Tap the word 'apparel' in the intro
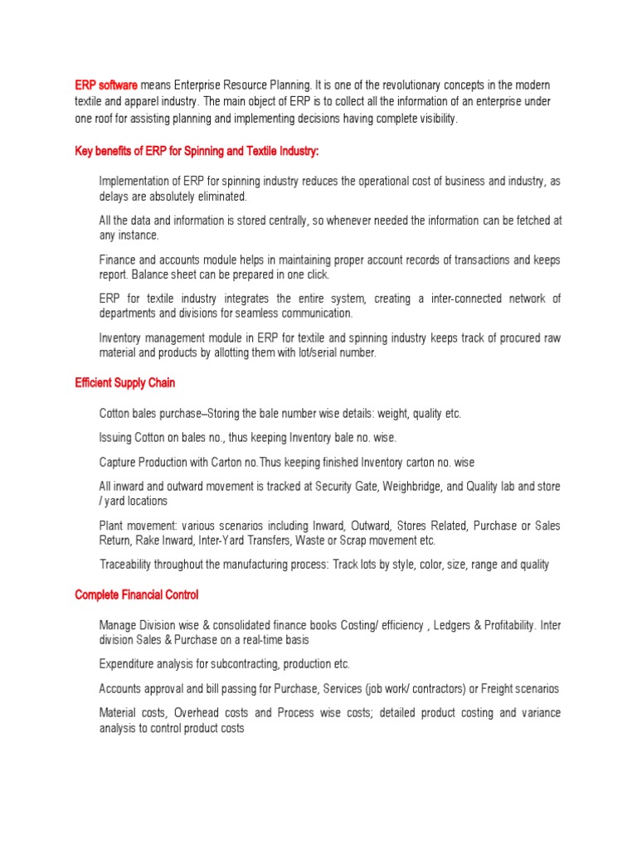[x=134, y=101]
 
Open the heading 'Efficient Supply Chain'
[x=124, y=383]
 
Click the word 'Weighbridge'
[x=408, y=486]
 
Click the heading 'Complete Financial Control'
[x=136, y=594]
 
